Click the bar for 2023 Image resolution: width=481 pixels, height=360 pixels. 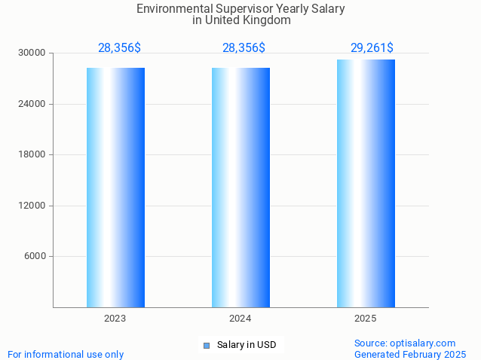point(115,188)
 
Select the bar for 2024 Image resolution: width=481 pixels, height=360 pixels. point(240,188)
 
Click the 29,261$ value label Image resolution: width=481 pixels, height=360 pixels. point(372,48)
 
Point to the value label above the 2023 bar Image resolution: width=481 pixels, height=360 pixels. point(119,48)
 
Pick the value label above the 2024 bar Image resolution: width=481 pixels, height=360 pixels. point(244,48)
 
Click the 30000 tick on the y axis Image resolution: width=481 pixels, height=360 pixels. point(32,53)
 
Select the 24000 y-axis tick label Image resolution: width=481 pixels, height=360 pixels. point(32,104)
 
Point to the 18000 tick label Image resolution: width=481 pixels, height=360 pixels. point(32,155)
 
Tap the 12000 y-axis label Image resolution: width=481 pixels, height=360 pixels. point(32,206)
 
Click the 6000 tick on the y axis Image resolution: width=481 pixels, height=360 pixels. point(35,257)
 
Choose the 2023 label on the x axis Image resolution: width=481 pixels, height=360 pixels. point(115,319)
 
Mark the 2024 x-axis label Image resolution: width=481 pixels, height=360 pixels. point(240,319)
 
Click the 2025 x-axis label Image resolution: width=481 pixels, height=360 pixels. point(366,319)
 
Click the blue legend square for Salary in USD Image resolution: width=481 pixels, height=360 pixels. point(206,346)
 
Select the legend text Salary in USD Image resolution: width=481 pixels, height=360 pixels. point(247,346)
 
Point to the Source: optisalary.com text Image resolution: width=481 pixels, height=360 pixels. point(405,343)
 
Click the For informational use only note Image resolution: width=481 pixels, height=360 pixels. point(66,355)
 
